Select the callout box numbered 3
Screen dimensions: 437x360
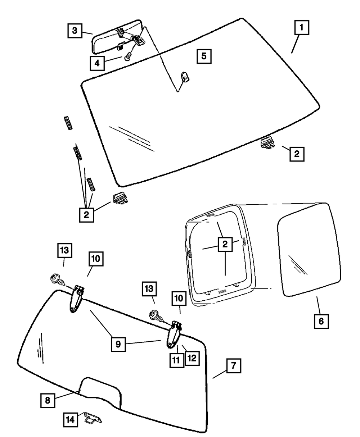click(74, 31)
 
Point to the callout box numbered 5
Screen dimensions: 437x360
click(204, 56)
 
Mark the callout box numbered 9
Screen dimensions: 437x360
click(118, 344)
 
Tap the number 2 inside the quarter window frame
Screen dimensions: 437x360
click(225, 245)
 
